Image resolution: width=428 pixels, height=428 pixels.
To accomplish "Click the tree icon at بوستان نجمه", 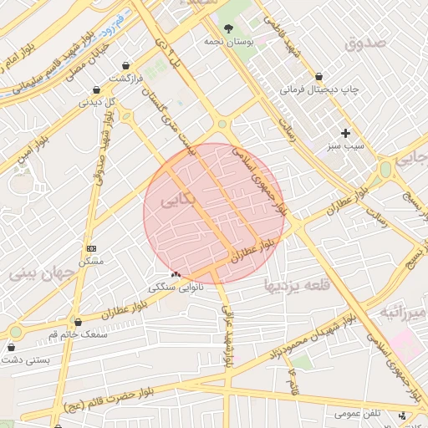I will [x=228, y=28].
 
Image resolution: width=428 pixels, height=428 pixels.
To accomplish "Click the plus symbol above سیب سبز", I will [x=345, y=133].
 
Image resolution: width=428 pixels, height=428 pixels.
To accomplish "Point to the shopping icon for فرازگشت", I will [x=125, y=65].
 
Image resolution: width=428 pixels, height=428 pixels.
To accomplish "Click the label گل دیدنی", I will [x=96, y=102].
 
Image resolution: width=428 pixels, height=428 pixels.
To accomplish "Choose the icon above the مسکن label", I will [x=91, y=248].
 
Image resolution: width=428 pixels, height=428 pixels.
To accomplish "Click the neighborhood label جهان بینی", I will [x=35, y=273].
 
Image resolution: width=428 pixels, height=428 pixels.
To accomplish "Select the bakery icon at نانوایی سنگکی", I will [x=176, y=274].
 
